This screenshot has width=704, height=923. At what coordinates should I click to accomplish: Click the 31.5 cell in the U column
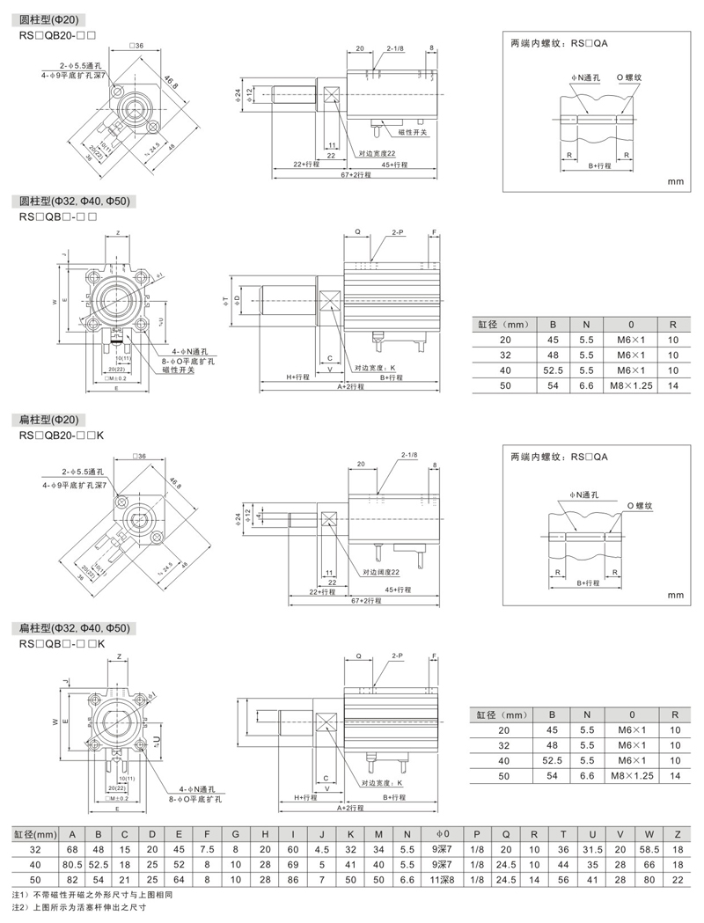coord(593,850)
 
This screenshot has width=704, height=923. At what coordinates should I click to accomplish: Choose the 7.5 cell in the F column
coord(206,850)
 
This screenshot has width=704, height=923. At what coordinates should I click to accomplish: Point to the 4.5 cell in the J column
coord(322,850)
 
